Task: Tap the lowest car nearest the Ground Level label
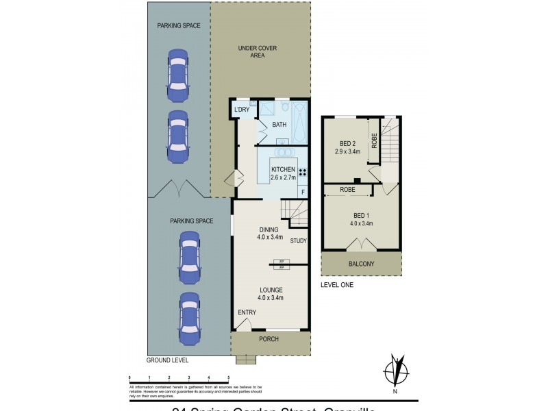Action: coord(190,319)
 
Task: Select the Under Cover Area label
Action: coord(251,51)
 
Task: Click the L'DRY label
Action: coord(241,110)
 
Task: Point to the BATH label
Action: coord(279,125)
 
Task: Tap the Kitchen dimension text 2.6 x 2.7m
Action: coord(283,177)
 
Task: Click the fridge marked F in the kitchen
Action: coord(303,192)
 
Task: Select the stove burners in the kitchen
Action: coord(302,172)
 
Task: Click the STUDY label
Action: coord(298,241)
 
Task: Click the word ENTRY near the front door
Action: coord(247,313)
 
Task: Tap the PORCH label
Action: coord(269,339)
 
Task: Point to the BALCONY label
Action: coord(360,264)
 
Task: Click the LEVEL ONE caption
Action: coord(337,284)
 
